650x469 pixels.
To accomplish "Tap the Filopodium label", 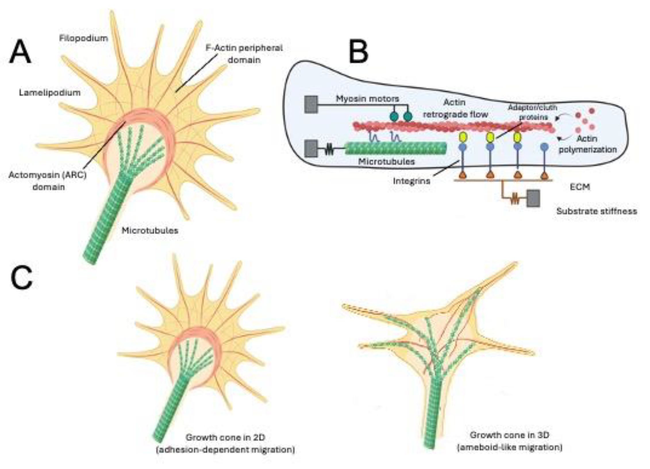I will pyautogui.click(x=83, y=38).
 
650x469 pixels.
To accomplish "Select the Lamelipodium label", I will pyautogui.click(x=50, y=92).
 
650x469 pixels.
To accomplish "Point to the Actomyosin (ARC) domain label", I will pyautogui.click(x=48, y=181).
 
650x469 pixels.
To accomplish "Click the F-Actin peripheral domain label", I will pyautogui.click(x=244, y=54).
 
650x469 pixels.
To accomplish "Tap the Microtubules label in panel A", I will pyautogui.click(x=150, y=230).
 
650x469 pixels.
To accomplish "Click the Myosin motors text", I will pyautogui.click(x=368, y=99).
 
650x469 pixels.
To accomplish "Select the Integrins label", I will pyautogui.click(x=411, y=181).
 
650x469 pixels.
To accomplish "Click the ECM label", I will pyautogui.click(x=580, y=187).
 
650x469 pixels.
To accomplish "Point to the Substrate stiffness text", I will pyautogui.click(x=597, y=211).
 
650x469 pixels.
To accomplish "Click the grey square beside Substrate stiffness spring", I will pyautogui.click(x=533, y=198).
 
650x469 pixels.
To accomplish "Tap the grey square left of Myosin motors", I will pyautogui.click(x=311, y=104).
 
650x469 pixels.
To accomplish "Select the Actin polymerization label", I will pyautogui.click(x=587, y=144).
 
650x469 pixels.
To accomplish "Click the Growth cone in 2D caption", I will pyautogui.click(x=225, y=443).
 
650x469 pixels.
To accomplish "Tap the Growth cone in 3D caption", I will pyautogui.click(x=509, y=441).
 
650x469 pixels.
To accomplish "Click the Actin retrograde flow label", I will pyautogui.click(x=455, y=108).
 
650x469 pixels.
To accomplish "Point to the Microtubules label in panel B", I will pyautogui.click(x=386, y=162).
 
